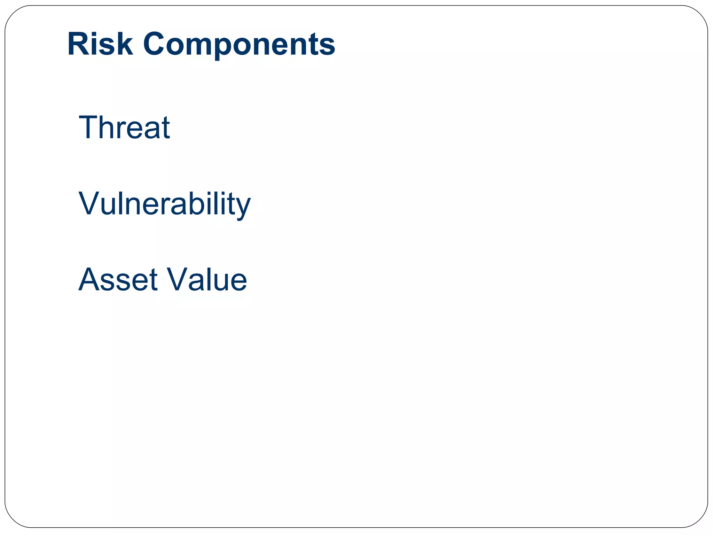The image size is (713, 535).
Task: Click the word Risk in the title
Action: pyautogui.click(x=100, y=44)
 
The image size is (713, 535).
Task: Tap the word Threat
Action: pyautogui.click(x=124, y=127)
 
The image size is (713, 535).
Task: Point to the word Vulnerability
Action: pyautogui.click(x=164, y=204)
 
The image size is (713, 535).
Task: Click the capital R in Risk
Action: pyautogui.click(x=78, y=44)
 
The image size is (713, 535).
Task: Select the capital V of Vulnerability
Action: pyautogui.click(x=89, y=203)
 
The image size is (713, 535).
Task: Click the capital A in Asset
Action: pyautogui.click(x=90, y=280)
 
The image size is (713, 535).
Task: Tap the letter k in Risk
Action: pyautogui.click(x=125, y=44)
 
